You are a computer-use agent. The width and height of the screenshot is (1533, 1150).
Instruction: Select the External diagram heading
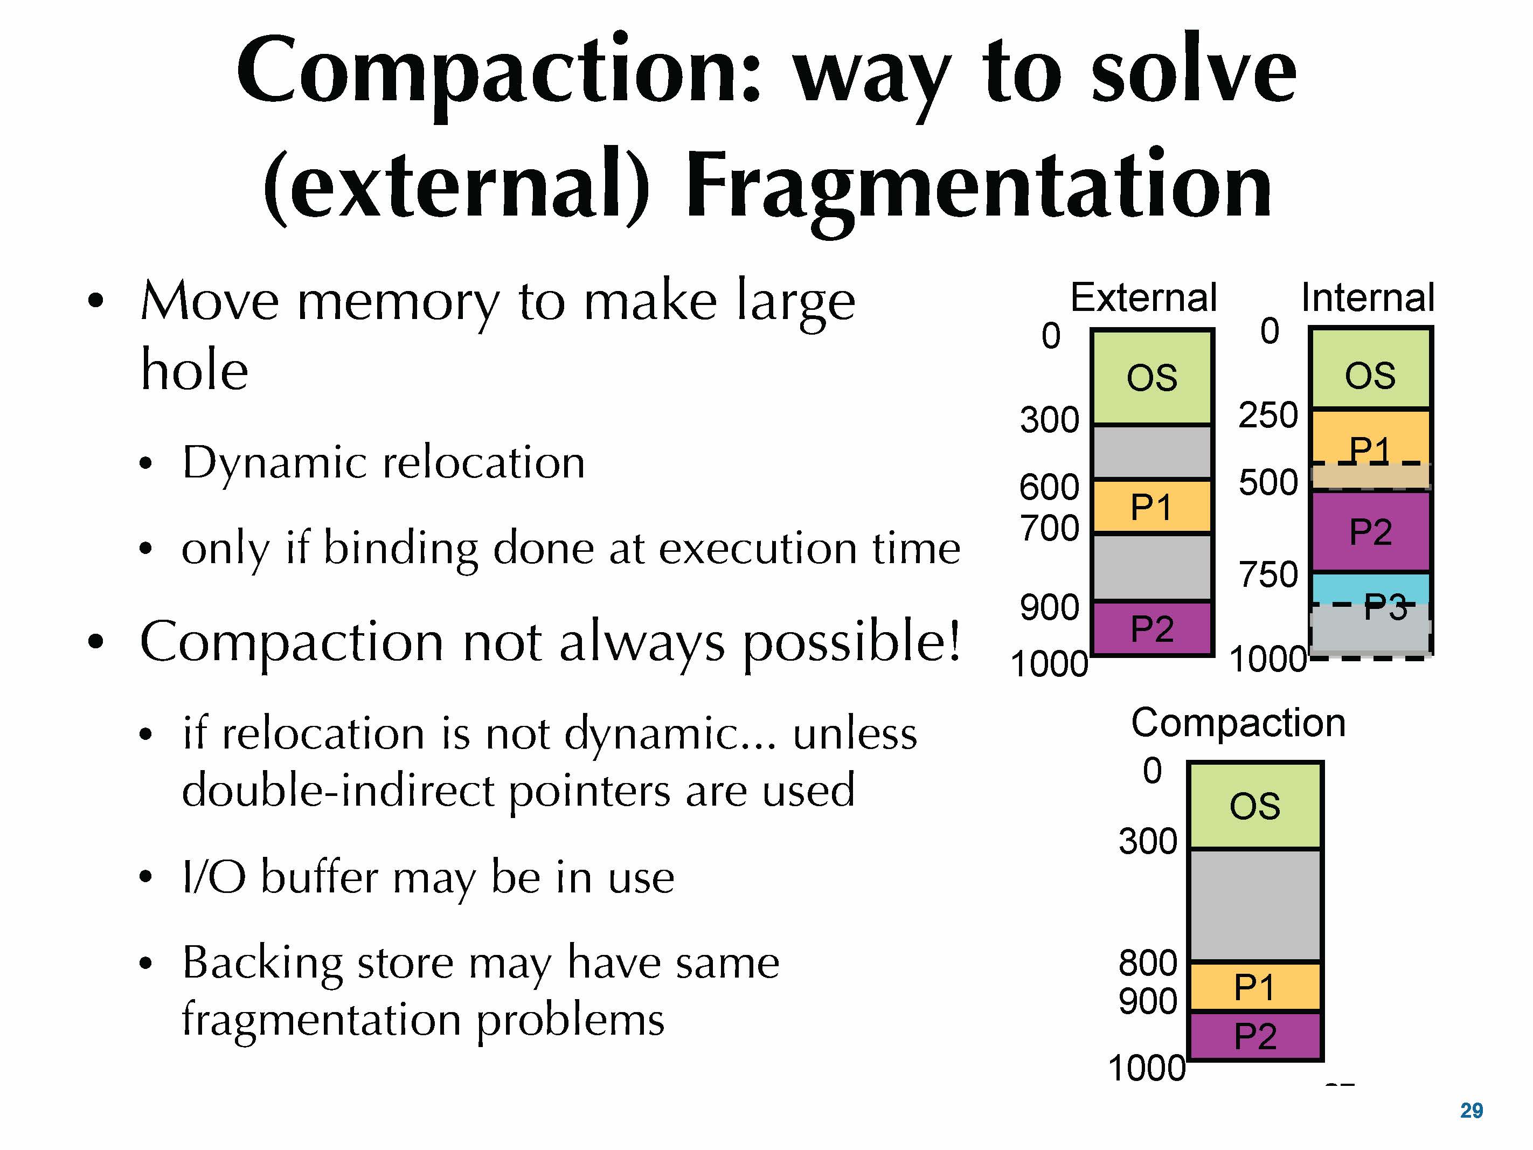coord(1143,297)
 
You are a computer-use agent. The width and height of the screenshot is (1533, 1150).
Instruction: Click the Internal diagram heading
coord(1368,297)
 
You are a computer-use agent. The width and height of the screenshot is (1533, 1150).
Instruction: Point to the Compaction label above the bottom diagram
coord(1238,723)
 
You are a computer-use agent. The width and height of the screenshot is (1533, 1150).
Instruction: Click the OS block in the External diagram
coord(1152,377)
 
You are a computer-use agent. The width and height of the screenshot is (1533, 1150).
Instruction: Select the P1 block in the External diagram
coord(1152,506)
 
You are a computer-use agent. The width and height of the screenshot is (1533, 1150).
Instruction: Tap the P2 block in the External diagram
coord(1152,627)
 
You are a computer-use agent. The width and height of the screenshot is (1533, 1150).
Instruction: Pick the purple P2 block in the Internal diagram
coord(1370,531)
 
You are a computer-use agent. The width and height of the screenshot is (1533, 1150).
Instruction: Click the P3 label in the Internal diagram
coord(1385,607)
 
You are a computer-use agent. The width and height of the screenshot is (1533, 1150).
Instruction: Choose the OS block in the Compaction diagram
coord(1255,806)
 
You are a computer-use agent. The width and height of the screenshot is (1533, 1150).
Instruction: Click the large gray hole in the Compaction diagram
coord(1255,905)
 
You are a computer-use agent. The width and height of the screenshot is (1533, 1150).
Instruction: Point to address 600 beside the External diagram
coord(1049,487)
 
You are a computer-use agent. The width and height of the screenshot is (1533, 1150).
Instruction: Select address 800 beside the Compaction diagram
coord(1148,963)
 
